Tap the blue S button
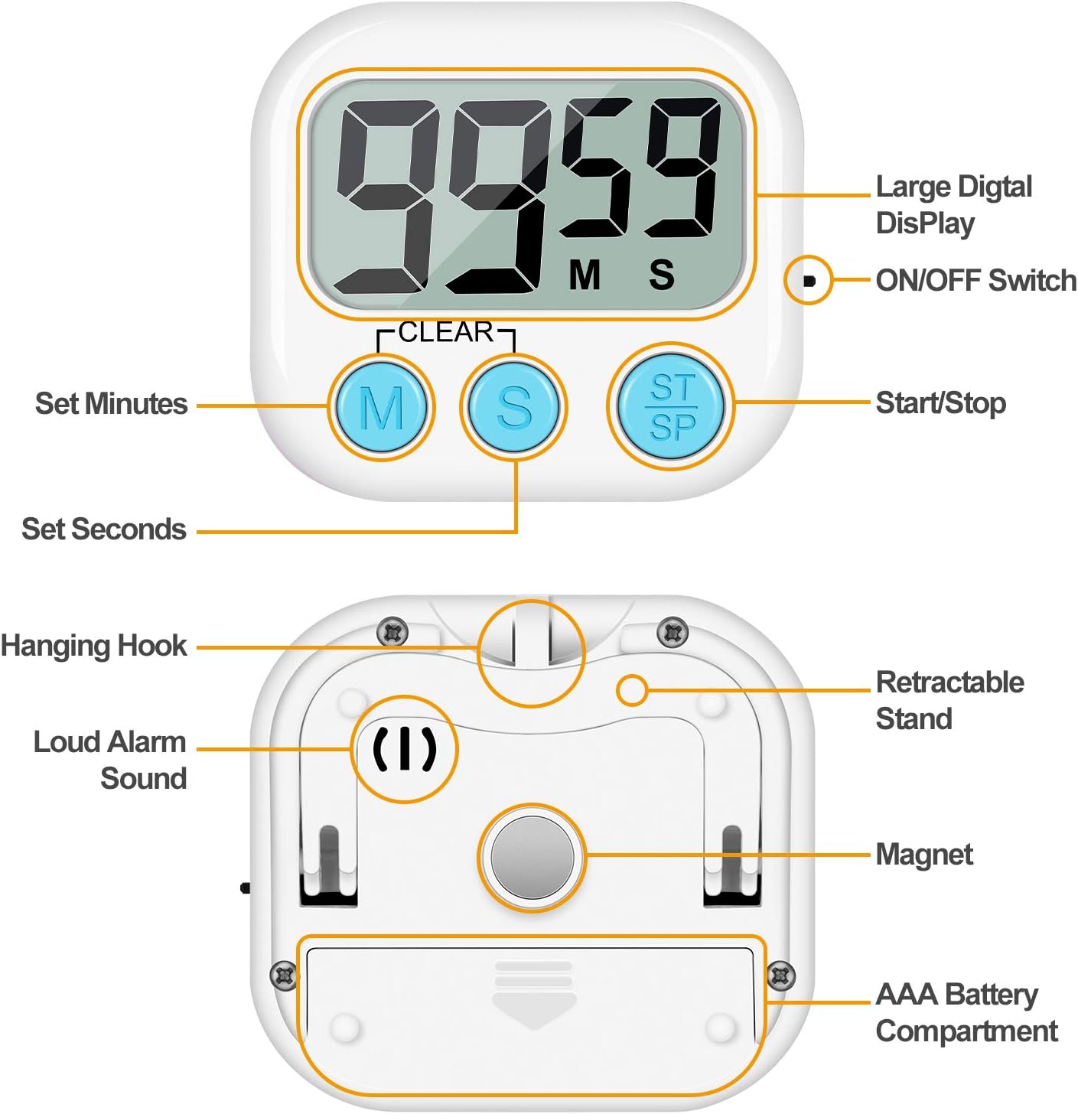tap(513, 407)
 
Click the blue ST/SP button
tap(670, 406)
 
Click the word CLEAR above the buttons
tap(446, 332)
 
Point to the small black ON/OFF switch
tap(809, 281)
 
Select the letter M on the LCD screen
tap(585, 275)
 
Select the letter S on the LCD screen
tap(662, 275)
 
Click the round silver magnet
tap(532, 858)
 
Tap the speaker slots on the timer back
tap(405, 749)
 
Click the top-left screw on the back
tap(393, 633)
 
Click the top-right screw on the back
tap(672, 633)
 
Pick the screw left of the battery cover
tap(285, 976)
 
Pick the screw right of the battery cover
tap(781, 976)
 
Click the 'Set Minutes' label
tap(111, 403)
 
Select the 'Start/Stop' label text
tap(940, 403)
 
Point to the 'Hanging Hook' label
tap(93, 647)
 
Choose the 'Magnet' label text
tap(924, 855)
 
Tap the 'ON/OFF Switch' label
tap(976, 281)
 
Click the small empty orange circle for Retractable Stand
tap(632, 690)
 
